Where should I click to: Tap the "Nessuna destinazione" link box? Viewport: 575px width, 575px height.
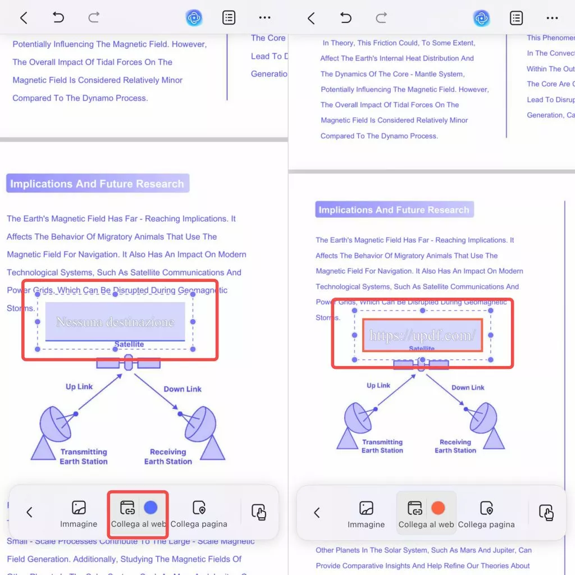115,322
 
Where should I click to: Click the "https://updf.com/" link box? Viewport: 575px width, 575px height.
422,335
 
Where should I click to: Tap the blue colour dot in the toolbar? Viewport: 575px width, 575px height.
150,508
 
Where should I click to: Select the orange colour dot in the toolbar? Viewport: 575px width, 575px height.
438,508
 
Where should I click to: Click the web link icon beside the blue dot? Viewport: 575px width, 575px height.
127,508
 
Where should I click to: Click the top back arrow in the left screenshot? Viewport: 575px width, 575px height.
24,18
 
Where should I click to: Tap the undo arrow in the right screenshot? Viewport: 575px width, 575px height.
346,18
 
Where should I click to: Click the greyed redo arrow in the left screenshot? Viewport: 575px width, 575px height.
94,18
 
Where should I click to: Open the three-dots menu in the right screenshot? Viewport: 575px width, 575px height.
552,18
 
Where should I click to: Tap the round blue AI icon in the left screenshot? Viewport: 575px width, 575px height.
194,18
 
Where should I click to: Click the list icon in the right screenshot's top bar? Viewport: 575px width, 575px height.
516,18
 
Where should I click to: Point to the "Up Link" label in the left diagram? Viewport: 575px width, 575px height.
79,387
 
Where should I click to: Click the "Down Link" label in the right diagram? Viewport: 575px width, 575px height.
468,387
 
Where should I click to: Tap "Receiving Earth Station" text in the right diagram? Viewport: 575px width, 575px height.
455,446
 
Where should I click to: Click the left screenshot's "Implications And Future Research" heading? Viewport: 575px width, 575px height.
97,184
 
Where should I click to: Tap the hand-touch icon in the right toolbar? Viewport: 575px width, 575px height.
546,512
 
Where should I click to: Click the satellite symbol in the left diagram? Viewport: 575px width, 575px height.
129,363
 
